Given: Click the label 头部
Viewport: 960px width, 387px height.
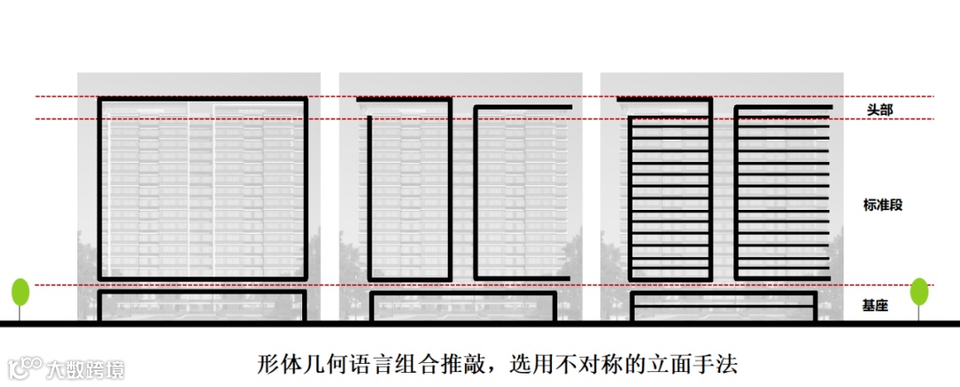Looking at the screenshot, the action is click(880, 109).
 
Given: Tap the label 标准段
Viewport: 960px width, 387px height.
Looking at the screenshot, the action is click(883, 205).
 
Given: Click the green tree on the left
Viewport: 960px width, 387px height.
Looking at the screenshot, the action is click(20, 293).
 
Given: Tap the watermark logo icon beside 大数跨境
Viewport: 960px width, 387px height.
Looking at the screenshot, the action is click(26, 367).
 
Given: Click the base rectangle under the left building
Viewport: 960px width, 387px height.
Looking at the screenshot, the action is click(202, 304).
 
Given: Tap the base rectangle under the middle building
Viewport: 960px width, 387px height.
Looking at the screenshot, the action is click(462, 305).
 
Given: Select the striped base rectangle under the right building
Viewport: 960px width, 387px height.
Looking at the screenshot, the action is click(723, 305).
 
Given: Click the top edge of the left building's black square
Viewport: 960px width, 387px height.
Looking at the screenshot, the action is click(202, 97).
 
